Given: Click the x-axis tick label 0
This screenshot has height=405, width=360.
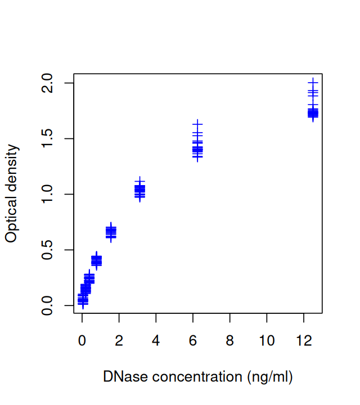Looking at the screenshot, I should [82, 341].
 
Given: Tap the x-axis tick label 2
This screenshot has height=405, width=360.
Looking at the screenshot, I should [119, 341].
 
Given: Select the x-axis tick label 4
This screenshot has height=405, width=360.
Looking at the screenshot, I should [156, 341].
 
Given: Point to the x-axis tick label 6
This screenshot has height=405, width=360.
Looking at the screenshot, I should [193, 341].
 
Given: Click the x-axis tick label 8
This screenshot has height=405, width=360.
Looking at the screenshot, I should [229, 341].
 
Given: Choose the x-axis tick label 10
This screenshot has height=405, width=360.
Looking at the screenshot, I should [267, 341].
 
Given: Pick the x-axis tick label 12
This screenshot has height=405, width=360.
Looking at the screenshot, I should [304, 341].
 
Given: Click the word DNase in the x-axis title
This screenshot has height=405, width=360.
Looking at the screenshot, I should [122, 376].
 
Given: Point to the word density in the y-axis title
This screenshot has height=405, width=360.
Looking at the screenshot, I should [12, 168].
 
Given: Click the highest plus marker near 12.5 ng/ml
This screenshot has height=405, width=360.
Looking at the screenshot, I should [313, 82].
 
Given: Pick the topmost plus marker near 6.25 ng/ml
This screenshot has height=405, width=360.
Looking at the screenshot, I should [197, 124].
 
